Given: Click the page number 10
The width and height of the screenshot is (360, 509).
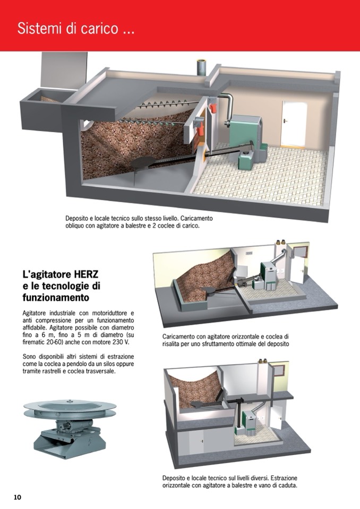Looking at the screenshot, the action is click(x=17, y=497).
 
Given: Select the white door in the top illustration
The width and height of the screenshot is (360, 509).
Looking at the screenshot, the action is click(x=294, y=124).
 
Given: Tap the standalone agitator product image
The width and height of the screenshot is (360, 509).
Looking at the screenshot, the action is click(x=70, y=428).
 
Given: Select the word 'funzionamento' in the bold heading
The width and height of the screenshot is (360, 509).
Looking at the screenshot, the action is click(x=56, y=298).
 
